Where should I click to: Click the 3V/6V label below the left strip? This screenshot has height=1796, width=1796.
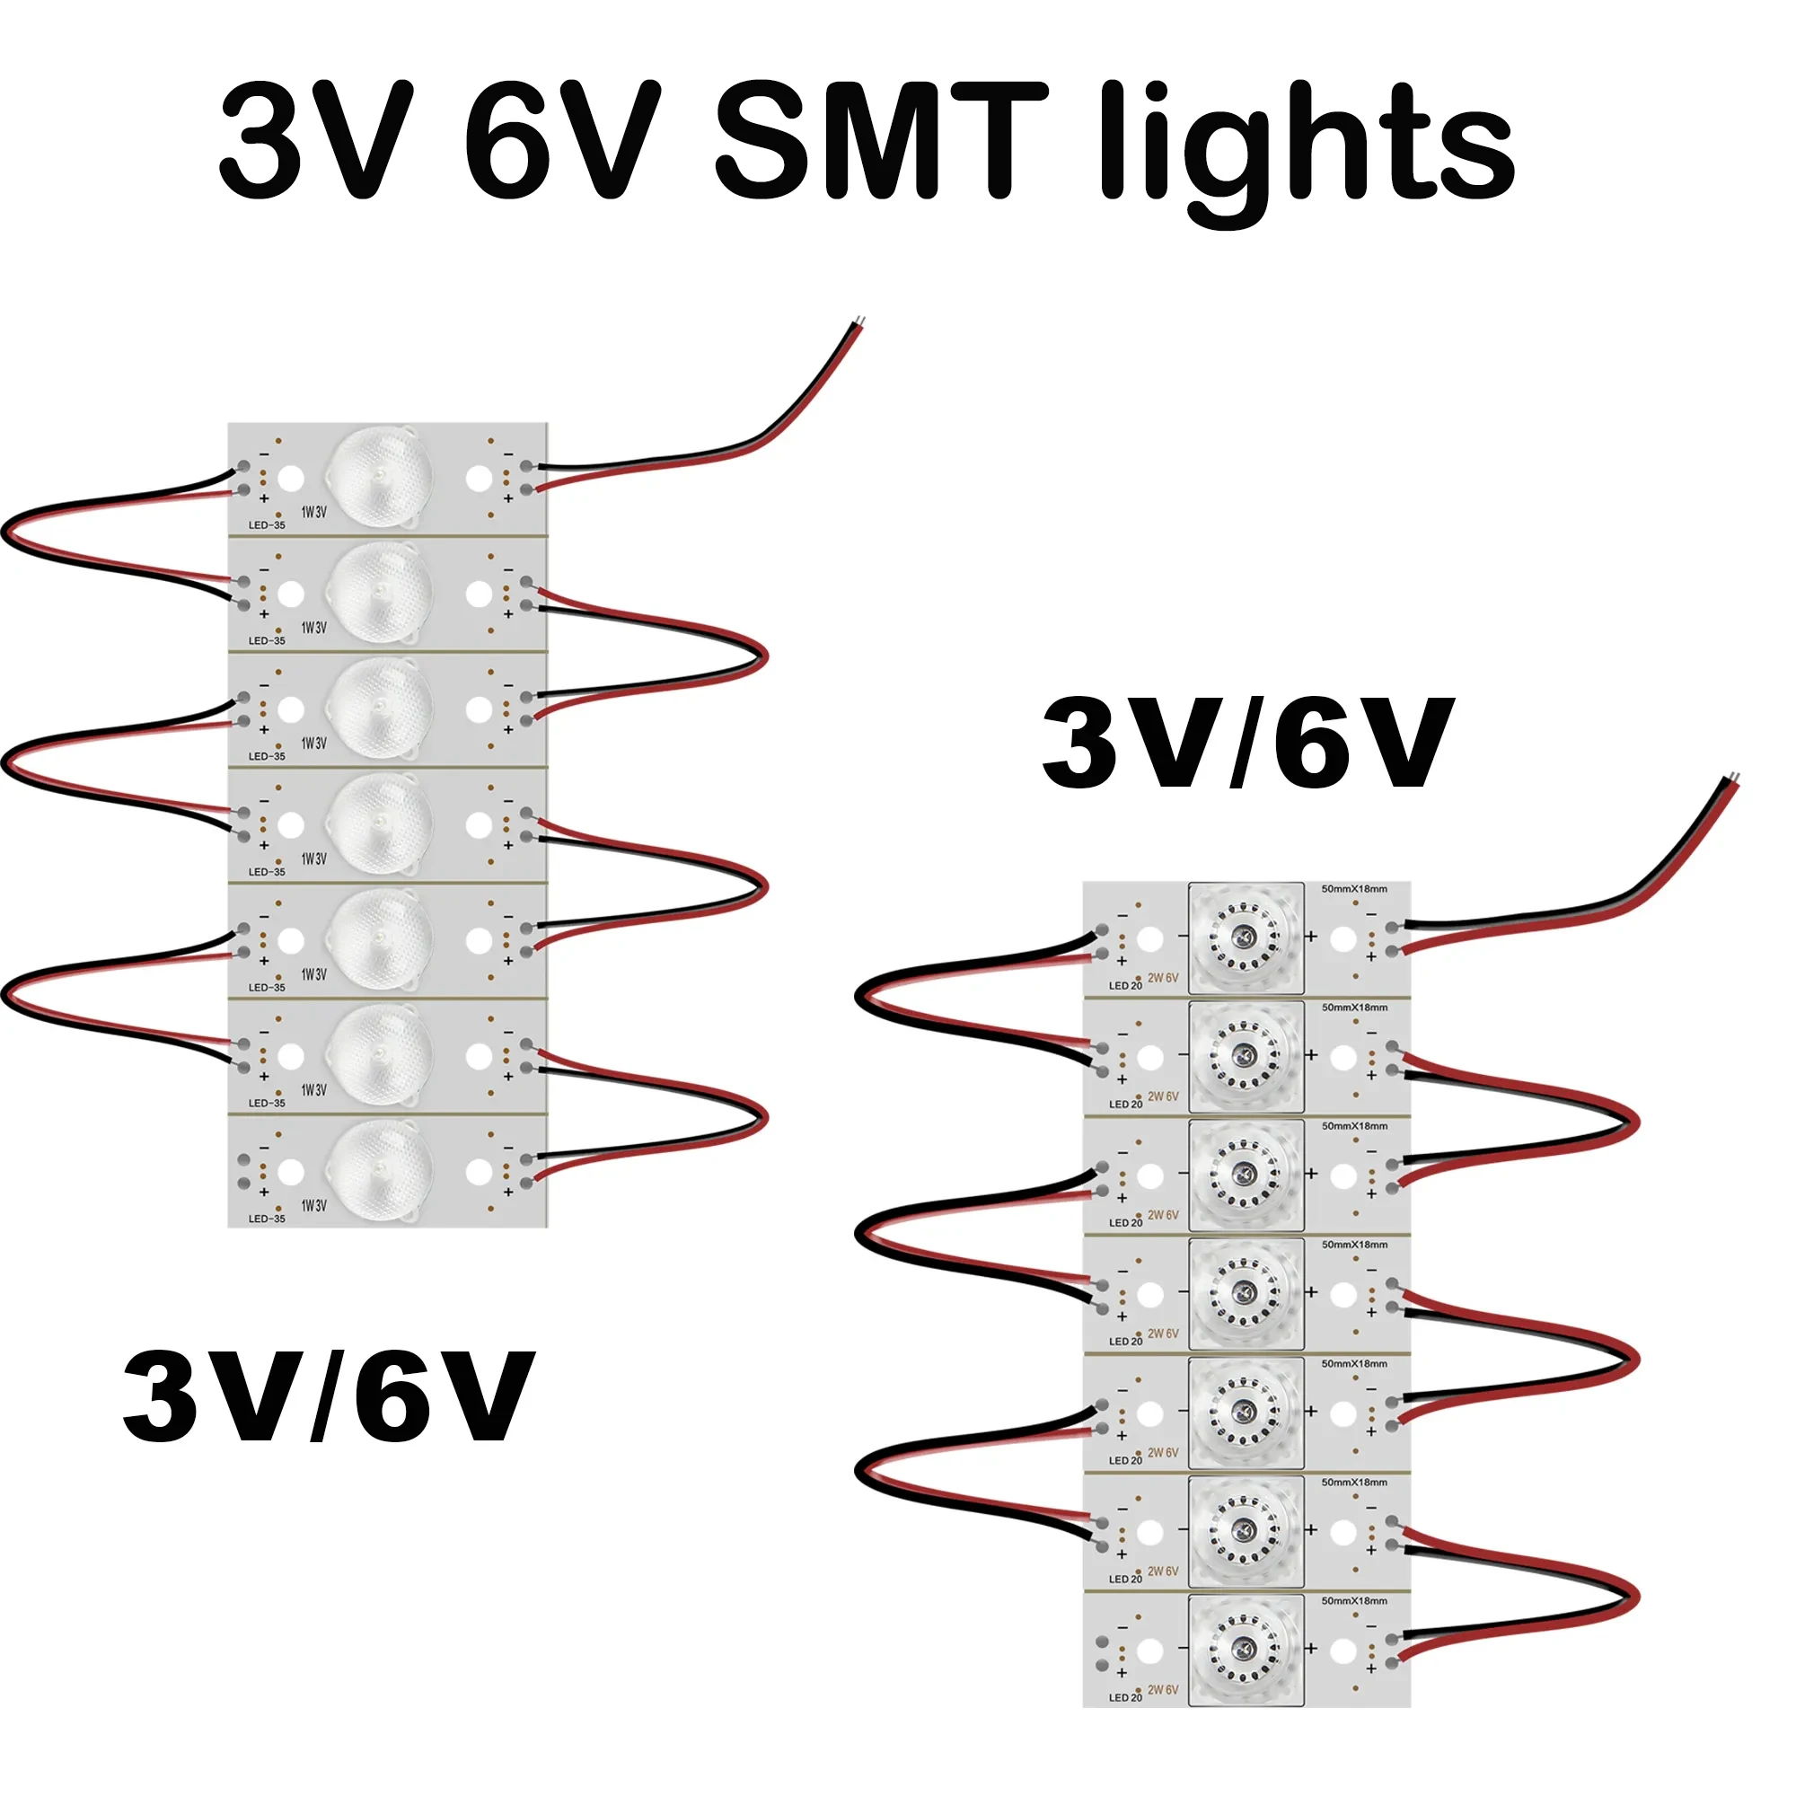pyautogui.click(x=328, y=1396)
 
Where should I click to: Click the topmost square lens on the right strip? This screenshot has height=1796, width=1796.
pyautogui.click(x=1246, y=938)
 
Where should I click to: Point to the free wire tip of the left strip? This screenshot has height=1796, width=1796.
pyautogui.click(x=861, y=322)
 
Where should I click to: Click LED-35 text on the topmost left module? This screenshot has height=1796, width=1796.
pyautogui.click(x=267, y=525)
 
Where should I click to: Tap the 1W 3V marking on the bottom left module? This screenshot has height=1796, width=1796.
pyautogui.click(x=314, y=1206)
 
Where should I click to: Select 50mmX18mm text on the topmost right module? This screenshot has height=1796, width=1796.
pyautogui.click(x=1354, y=890)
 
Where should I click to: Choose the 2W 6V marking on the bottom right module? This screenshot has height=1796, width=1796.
pyautogui.click(x=1163, y=1690)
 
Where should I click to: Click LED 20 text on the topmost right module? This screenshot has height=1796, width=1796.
pyautogui.click(x=1126, y=985)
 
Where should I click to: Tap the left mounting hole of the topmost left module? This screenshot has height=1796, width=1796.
pyautogui.click(x=291, y=479)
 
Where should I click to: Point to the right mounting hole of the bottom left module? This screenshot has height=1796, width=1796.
pyautogui.click(x=479, y=1172)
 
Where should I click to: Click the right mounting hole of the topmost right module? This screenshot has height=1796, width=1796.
pyautogui.click(x=1343, y=939)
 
